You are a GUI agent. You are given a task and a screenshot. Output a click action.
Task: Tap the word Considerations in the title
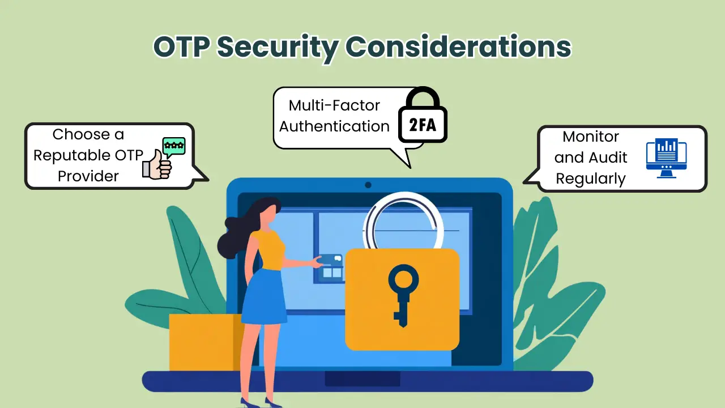[458, 48]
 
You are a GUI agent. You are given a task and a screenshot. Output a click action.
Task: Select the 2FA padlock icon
[423, 117]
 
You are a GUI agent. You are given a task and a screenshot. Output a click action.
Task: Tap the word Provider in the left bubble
[88, 176]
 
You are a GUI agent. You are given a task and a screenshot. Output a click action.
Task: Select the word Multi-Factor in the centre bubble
[334, 105]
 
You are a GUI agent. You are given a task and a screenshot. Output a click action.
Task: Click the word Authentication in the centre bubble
[334, 126]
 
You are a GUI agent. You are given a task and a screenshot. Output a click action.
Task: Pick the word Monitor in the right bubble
[591, 137]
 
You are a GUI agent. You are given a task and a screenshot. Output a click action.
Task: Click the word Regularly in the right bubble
[591, 178]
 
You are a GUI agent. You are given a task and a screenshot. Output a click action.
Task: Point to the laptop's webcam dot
[368, 185]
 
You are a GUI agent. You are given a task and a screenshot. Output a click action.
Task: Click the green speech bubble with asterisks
[173, 146]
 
